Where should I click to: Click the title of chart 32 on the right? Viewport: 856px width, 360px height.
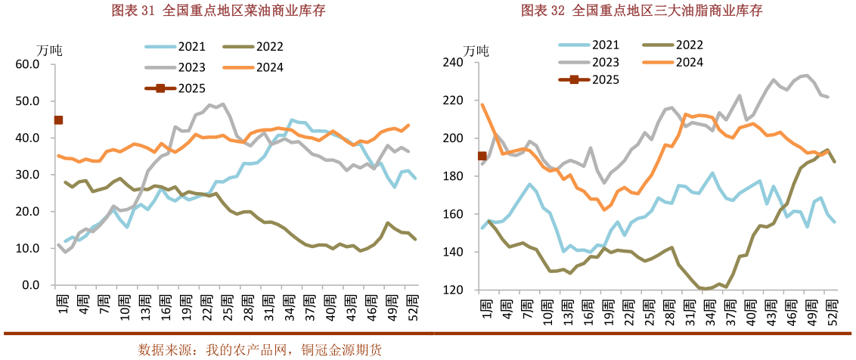click(641, 11)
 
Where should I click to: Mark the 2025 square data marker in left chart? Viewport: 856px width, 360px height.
click(58, 120)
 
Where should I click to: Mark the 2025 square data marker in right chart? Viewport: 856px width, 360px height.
click(482, 156)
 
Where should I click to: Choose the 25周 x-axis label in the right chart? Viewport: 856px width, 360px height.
click(649, 308)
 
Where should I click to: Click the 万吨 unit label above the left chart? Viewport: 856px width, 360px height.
click(50, 51)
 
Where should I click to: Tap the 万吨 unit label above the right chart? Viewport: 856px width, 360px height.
click(476, 51)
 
